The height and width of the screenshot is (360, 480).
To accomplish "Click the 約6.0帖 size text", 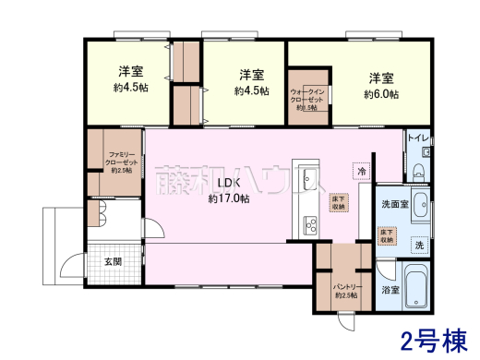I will pos(381,94).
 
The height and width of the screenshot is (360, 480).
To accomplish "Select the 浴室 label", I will pos(390,291).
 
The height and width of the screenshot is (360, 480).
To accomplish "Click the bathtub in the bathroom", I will pos(416,288).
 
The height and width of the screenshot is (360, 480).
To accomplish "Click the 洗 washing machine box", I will pos(419,246).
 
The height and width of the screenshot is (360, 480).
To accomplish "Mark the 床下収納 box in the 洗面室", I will pos(387,236).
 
